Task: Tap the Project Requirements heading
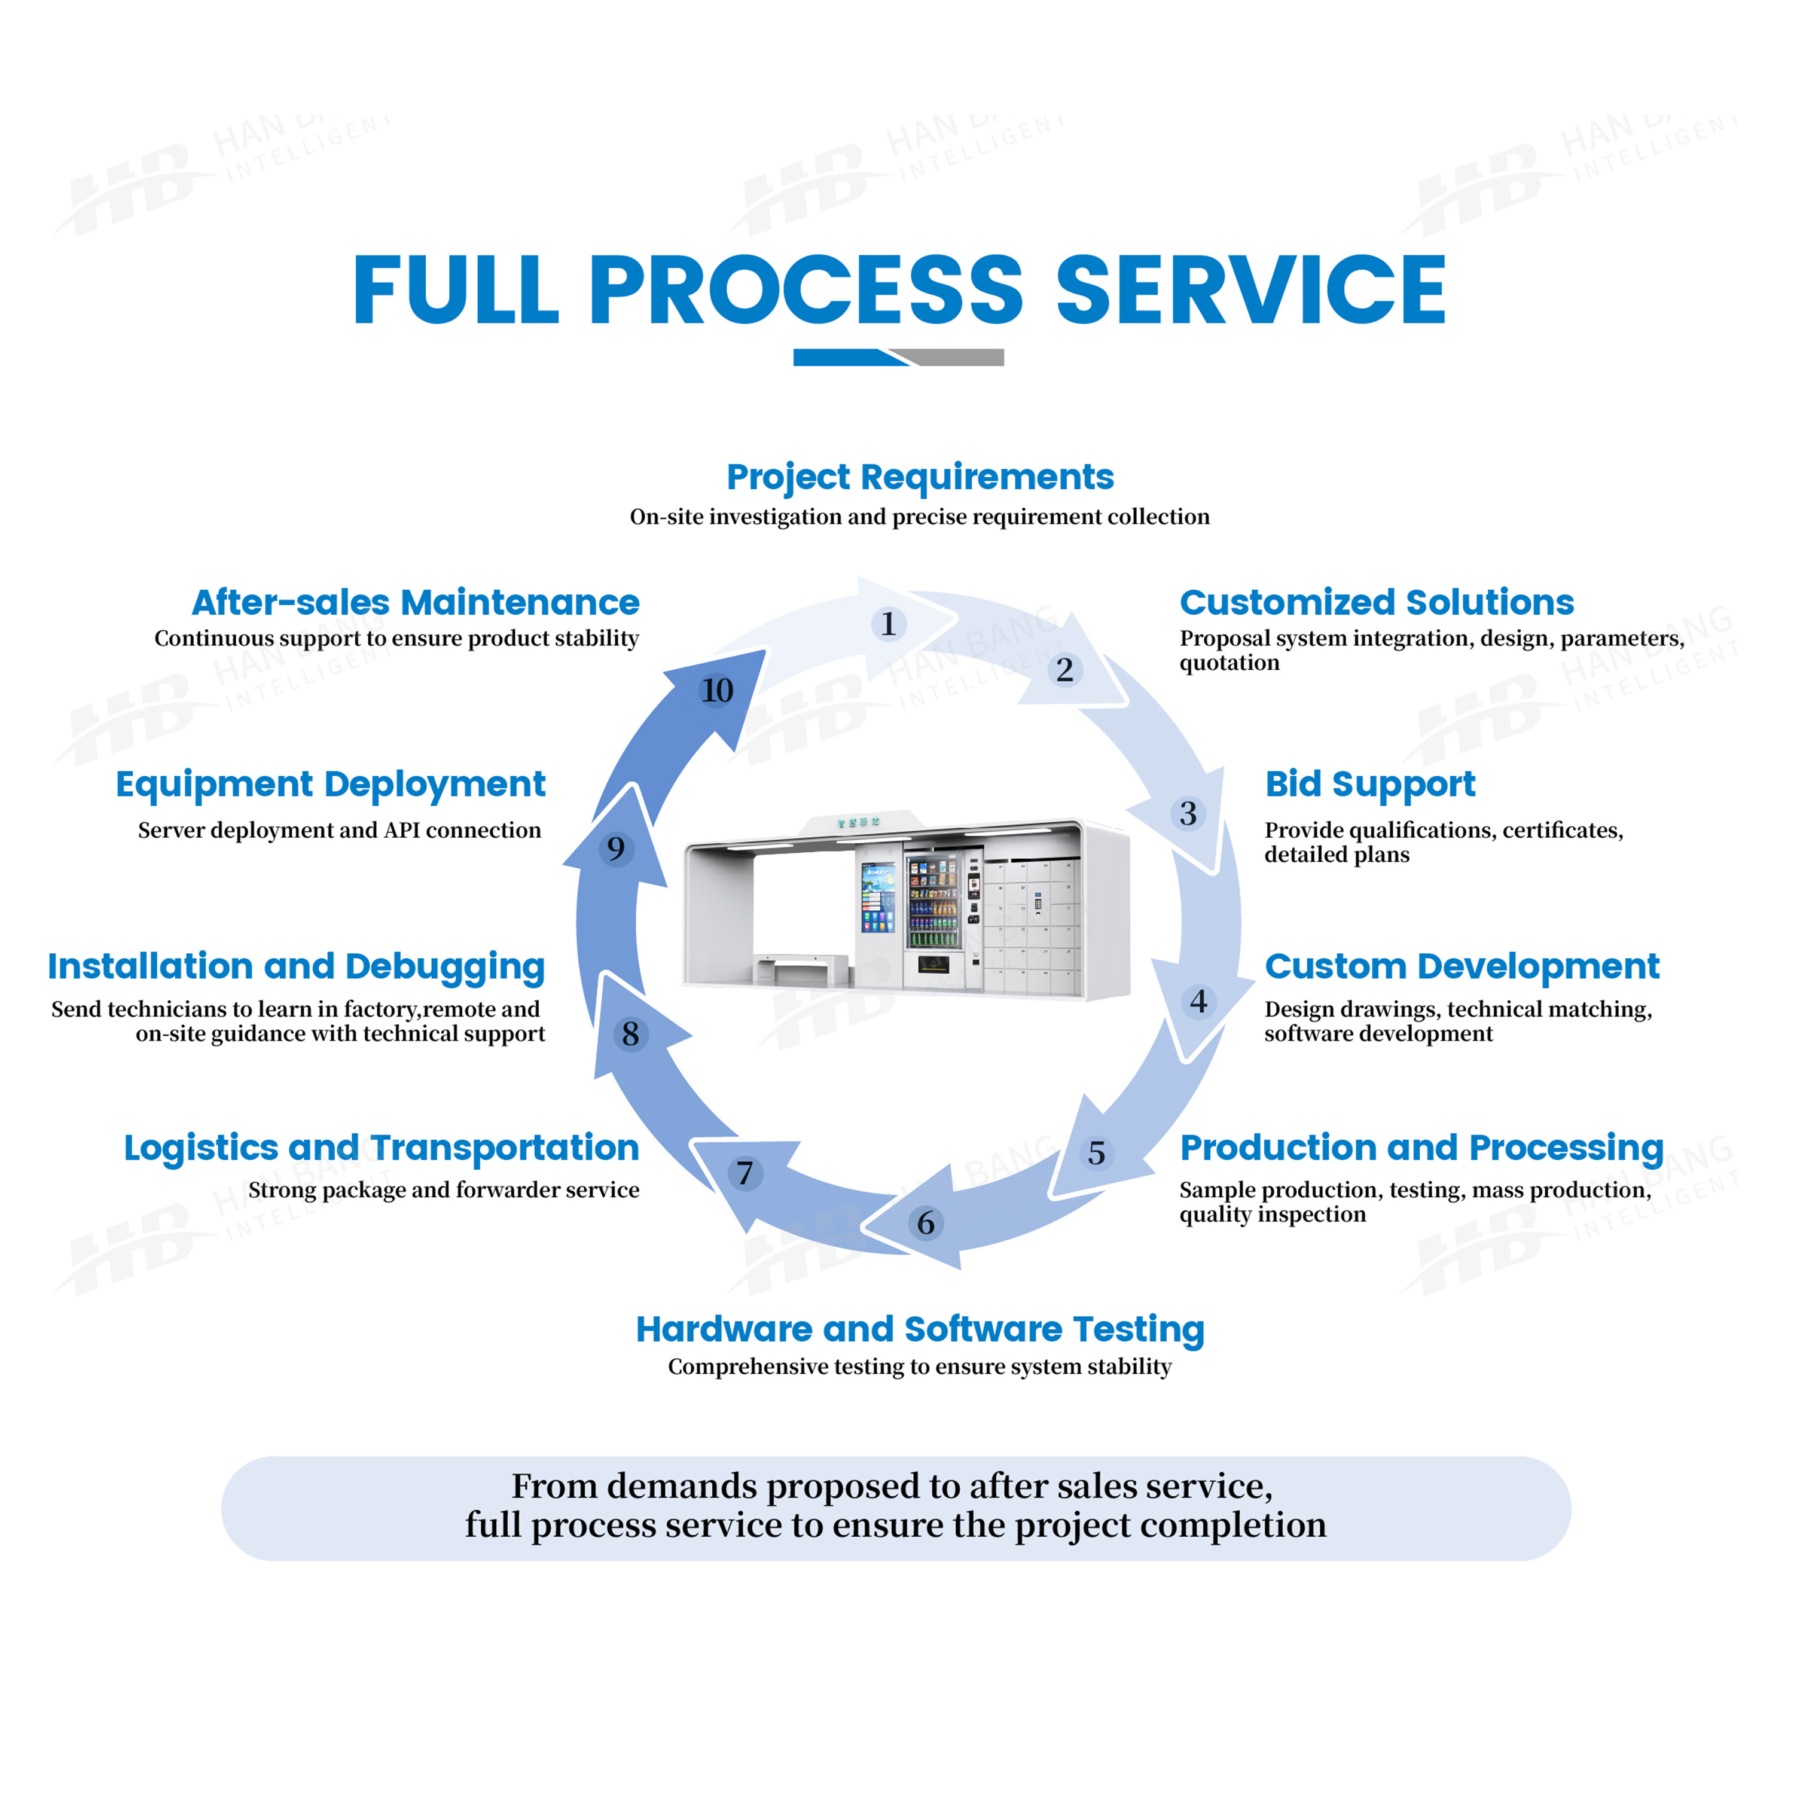[919, 477]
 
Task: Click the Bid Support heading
[1369, 784]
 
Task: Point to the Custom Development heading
[1462, 966]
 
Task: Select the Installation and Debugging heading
[296, 966]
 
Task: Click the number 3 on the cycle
[1188, 813]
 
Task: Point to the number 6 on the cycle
[926, 1223]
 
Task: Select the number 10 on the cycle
[717, 690]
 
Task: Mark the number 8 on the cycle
[630, 1033]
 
